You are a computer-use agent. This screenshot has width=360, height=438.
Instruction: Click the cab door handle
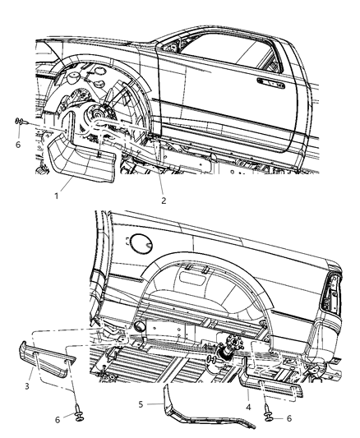[270, 81]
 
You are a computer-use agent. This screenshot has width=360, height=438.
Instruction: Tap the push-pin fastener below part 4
[272, 414]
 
